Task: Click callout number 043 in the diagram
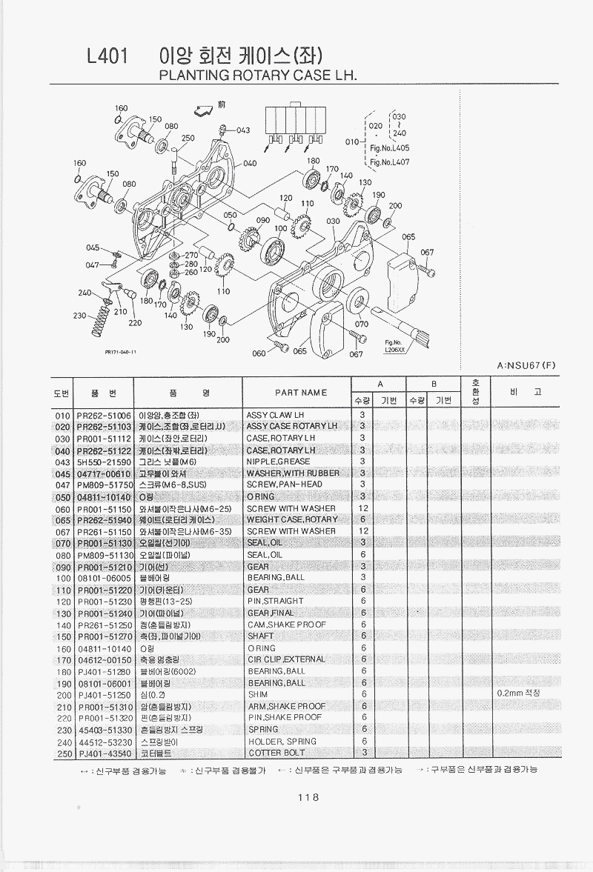pyautogui.click(x=242, y=130)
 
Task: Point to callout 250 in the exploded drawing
pyautogui.click(x=188, y=138)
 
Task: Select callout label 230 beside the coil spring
pyautogui.click(x=79, y=316)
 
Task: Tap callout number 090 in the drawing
pyautogui.click(x=262, y=221)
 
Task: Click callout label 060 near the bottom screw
pyautogui.click(x=259, y=353)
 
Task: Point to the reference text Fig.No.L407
pyautogui.click(x=390, y=162)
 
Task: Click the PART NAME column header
pyautogui.click(x=301, y=392)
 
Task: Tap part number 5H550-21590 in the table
pyautogui.click(x=104, y=462)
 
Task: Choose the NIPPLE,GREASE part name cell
pyautogui.click(x=278, y=462)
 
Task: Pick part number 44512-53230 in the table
pyautogui.click(x=104, y=741)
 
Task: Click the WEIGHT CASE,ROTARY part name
pyautogui.click(x=291, y=519)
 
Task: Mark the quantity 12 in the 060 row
pyautogui.click(x=363, y=508)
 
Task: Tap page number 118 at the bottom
pyautogui.click(x=307, y=797)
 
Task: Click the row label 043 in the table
pyautogui.click(x=62, y=462)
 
